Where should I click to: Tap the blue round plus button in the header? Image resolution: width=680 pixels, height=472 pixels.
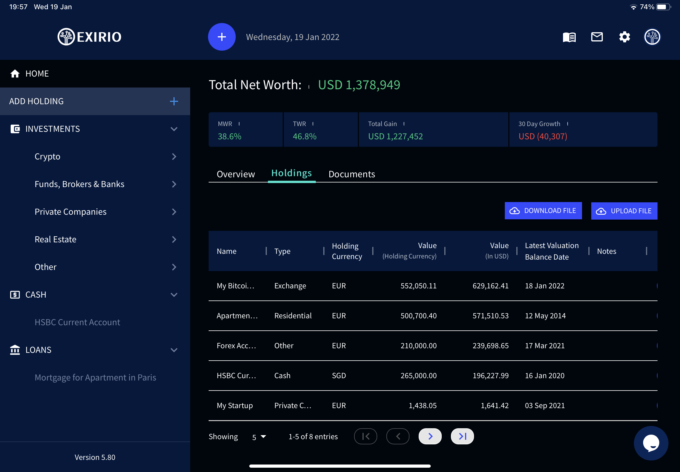(222, 37)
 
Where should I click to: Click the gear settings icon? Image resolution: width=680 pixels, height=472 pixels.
(624, 37)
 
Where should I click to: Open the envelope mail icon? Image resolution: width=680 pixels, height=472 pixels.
(596, 37)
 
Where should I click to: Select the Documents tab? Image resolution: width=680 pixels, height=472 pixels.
(352, 174)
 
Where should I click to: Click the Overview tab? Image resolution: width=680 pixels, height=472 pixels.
(236, 174)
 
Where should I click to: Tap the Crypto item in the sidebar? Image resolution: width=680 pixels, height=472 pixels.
(47, 157)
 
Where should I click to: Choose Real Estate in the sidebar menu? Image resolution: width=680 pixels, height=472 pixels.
(55, 239)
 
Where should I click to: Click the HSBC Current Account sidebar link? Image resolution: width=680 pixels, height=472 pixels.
(77, 322)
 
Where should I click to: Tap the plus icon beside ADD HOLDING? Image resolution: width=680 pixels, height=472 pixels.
(174, 101)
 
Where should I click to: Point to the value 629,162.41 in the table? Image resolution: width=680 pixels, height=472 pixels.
(490, 286)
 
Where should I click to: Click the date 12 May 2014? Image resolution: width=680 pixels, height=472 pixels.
(545, 315)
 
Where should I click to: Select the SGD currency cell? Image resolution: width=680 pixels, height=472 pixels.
(339, 376)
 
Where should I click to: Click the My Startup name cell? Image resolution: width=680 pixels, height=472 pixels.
(235, 406)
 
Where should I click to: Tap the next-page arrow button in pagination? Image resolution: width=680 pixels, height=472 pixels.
(430, 436)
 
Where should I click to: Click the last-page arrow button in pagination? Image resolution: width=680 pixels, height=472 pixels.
(462, 436)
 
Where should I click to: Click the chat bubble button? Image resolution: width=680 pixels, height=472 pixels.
(651, 443)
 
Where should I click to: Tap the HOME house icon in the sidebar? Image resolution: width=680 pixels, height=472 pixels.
(15, 74)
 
